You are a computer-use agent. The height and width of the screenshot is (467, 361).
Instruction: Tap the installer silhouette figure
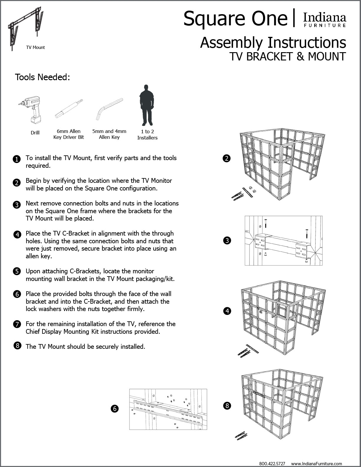tap(147, 105)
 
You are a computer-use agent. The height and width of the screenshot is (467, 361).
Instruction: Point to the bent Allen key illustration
tap(109, 108)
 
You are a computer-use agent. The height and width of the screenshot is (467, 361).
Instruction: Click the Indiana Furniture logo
tap(324, 20)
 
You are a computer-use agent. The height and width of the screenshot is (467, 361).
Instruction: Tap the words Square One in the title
tap(235, 18)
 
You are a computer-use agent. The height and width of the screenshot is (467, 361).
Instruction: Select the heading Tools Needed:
tap(42, 77)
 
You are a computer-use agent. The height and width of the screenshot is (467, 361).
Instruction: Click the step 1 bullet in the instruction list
tap(17, 159)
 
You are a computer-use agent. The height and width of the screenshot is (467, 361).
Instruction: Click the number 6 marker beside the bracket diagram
tap(114, 409)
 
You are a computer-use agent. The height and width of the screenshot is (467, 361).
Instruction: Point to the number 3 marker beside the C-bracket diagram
tap(227, 241)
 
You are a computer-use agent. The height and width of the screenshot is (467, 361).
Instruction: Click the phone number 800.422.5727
tap(272, 463)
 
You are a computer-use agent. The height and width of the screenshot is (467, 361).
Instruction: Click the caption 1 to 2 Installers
tap(147, 135)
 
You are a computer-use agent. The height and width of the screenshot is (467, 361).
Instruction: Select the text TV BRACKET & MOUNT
tap(288, 56)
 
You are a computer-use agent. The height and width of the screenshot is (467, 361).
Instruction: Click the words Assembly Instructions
tap(273, 42)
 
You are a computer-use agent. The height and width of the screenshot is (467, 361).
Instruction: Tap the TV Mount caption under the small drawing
tap(35, 47)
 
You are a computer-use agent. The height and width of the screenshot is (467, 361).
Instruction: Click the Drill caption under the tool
tap(35, 133)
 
